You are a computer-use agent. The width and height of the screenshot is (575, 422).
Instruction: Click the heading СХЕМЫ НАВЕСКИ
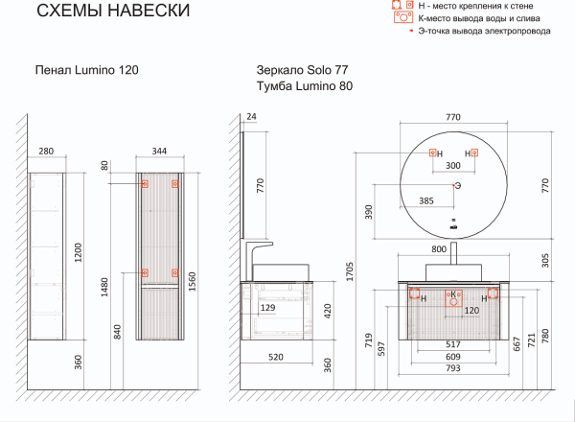tap(113, 11)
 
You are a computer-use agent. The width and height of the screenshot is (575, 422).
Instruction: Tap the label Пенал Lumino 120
tap(87, 70)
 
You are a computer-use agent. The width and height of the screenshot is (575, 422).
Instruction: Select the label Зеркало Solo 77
tap(302, 69)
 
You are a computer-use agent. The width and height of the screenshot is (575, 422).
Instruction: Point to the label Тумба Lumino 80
tap(305, 86)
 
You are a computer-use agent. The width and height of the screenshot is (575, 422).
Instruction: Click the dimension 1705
tap(350, 271)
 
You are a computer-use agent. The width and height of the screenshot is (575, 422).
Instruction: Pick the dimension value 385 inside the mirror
tap(426, 200)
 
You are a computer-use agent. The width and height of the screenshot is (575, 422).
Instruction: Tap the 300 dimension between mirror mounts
tap(453, 166)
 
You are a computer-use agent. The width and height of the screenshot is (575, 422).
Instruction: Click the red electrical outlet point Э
tap(453, 186)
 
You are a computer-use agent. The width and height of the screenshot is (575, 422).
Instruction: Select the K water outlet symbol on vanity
tap(453, 298)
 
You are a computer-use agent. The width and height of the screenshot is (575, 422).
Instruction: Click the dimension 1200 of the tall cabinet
tap(79, 252)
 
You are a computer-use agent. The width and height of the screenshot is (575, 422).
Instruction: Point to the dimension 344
tap(159, 151)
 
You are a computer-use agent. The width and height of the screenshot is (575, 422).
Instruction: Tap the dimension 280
tap(46, 151)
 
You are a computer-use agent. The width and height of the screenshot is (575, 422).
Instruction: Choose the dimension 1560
tap(193, 281)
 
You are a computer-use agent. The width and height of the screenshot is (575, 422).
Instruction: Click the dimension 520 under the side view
tap(275, 357)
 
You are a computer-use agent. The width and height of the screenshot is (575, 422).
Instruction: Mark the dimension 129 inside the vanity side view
tap(267, 308)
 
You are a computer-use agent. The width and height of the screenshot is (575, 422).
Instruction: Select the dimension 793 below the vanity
tap(453, 368)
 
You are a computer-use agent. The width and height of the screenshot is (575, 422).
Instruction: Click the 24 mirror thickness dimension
tap(251, 116)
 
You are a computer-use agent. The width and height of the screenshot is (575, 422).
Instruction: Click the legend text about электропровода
tap(484, 31)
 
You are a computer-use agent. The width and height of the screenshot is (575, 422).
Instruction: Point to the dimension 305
tap(545, 260)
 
